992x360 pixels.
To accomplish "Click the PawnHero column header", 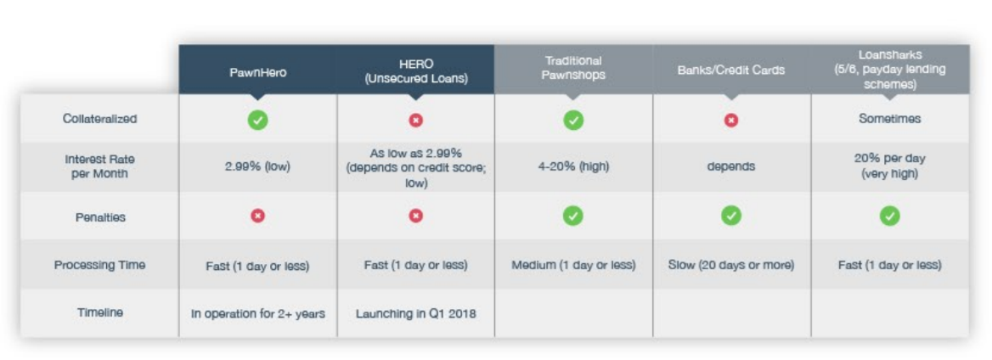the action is [257, 71].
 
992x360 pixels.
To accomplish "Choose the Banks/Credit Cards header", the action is [730, 70].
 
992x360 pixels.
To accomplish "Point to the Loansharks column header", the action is [889, 70].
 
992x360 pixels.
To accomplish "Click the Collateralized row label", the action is [99, 119].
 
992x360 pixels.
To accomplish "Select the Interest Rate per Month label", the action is [99, 166].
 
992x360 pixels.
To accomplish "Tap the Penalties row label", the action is [99, 217].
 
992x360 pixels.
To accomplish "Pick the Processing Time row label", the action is [99, 264].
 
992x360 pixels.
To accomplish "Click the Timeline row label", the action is [100, 312].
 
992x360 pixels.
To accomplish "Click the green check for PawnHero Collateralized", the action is [257, 120].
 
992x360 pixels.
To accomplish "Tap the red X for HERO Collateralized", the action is [415, 120].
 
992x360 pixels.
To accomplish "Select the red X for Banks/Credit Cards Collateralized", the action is [730, 120].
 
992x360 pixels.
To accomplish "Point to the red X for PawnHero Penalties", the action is [257, 217].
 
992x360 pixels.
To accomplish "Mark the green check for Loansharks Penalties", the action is [889, 217].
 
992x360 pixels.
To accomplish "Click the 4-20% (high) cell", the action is [573, 167].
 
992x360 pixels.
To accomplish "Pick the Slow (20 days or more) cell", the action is [730, 265].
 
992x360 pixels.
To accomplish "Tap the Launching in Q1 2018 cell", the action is [415, 313].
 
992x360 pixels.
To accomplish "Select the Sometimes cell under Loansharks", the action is [889, 119].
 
